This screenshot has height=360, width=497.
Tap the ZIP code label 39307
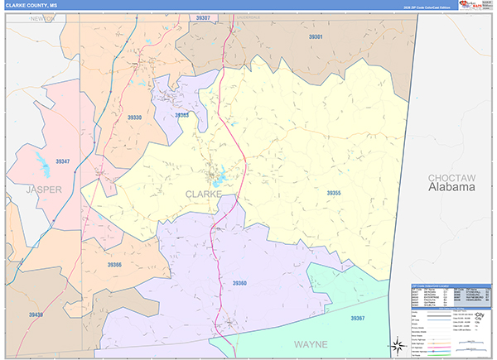point(203,17)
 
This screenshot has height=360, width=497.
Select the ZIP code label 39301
point(316,37)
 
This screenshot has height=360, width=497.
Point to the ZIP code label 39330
point(135,118)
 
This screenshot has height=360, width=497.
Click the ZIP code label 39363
point(182,115)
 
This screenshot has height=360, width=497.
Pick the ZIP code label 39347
point(63,161)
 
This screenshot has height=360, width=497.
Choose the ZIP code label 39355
point(333,193)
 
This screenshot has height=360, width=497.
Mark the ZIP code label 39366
point(114,265)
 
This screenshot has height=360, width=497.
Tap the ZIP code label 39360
point(239,283)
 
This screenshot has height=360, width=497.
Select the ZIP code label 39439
point(36,315)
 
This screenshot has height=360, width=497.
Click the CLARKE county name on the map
point(202,194)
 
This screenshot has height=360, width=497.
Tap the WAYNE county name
point(311,343)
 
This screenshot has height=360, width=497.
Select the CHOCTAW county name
point(451,178)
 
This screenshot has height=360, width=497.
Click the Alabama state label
point(451,188)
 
